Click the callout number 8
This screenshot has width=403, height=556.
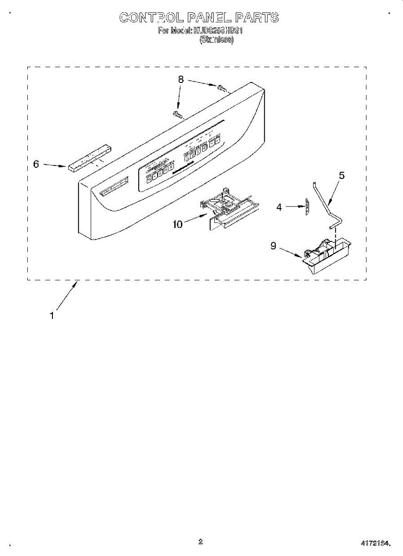181,80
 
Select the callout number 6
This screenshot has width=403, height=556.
36,164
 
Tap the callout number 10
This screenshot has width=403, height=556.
178,224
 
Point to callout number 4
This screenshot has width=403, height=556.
279,208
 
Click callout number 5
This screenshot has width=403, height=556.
342,176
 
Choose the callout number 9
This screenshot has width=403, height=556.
274,246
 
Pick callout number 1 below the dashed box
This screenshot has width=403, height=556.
52,316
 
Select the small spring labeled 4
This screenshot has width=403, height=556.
306,206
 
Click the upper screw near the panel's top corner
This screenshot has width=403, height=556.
222,88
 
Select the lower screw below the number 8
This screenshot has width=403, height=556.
178,114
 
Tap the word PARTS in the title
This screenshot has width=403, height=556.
257,18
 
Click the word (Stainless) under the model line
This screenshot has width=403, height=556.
217,40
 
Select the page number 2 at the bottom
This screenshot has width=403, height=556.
200,541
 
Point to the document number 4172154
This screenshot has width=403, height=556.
376,542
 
